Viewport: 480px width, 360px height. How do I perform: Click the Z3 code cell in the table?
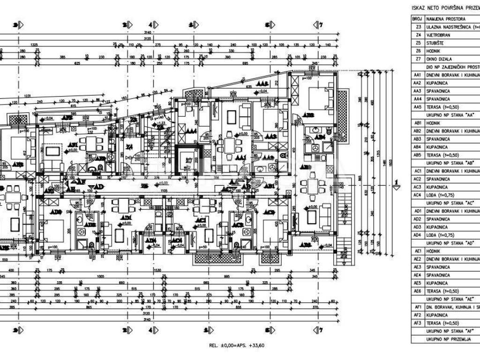click(x=418, y=27)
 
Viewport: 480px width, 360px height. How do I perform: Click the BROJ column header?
click(x=417, y=19)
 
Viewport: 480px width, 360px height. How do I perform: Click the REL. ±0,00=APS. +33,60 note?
click(x=237, y=345)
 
